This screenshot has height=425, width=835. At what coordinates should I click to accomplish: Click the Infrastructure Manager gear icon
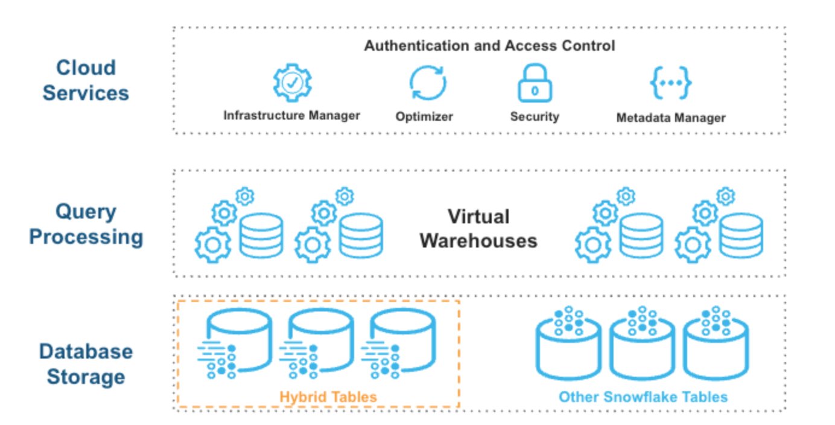(292, 83)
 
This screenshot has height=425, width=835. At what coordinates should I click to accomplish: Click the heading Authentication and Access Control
(489, 46)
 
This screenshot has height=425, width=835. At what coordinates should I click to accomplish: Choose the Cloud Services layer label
(86, 80)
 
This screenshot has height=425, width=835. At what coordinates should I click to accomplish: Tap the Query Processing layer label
(86, 224)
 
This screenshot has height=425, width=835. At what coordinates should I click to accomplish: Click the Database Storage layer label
(86, 364)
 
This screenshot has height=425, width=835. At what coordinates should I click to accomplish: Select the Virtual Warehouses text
(478, 229)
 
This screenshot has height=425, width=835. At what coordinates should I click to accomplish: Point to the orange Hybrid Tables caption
(328, 397)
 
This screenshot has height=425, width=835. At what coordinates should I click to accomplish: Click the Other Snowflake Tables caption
(643, 397)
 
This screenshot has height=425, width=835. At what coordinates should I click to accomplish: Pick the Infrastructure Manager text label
(292, 115)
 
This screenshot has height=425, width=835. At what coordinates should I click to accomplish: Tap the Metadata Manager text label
(670, 118)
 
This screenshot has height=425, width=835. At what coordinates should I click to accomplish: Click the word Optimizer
(424, 117)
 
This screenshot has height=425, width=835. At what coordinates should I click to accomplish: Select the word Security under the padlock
(535, 117)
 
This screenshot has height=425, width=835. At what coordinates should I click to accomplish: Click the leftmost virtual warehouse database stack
(261, 235)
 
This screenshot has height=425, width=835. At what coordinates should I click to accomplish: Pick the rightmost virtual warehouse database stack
(742, 235)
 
